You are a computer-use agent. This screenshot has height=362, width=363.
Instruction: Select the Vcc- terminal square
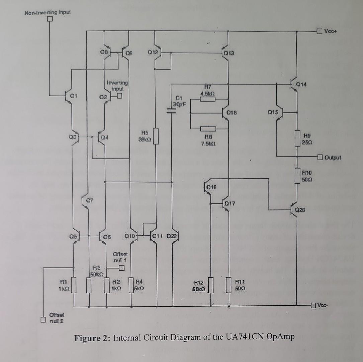[x=313, y=305]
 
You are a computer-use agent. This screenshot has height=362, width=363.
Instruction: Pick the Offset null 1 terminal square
[x=121, y=267]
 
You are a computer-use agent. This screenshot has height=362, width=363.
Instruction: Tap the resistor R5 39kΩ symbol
[x=156, y=136]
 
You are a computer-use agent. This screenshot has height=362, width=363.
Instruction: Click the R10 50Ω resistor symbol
[x=297, y=175]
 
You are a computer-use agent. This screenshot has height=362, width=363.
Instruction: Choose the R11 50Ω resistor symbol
[x=229, y=285]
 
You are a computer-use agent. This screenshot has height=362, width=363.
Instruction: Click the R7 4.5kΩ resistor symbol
[x=207, y=99]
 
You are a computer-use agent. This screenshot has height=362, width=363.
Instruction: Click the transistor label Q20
[x=300, y=210]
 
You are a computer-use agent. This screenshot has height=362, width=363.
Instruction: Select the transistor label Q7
[x=88, y=201]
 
